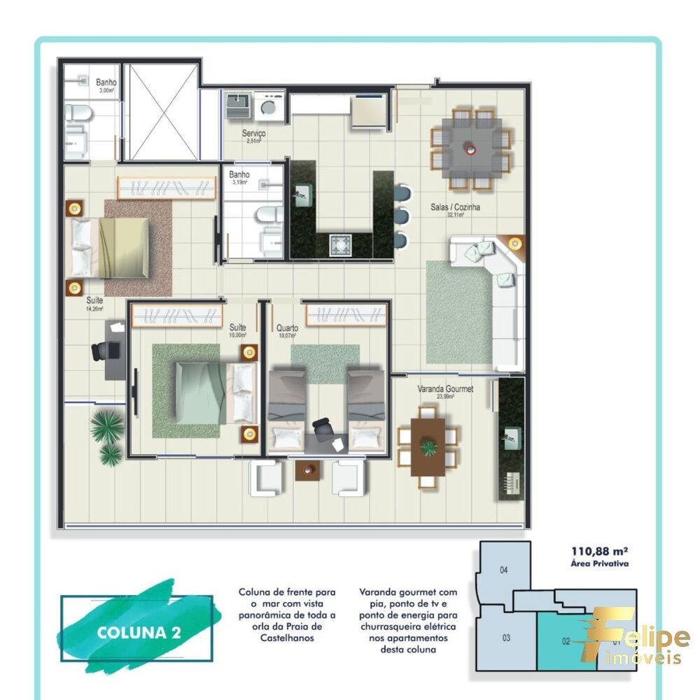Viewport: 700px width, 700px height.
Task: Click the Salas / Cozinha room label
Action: pos(455,209)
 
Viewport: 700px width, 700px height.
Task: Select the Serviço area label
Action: pos(253,134)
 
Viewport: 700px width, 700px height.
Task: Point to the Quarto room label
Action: pos(287,328)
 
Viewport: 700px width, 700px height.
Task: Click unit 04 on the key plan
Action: pos(503,570)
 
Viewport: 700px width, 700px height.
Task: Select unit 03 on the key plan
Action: pos(506,638)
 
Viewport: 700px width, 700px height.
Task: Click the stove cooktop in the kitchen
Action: pos(341,245)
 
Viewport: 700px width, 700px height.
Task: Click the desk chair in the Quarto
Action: pos(323,427)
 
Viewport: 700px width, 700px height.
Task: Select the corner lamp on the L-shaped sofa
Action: pos(515,244)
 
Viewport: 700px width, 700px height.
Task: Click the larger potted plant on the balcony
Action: pos(106,426)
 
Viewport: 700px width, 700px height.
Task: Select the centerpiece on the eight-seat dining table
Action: pos(470,148)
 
